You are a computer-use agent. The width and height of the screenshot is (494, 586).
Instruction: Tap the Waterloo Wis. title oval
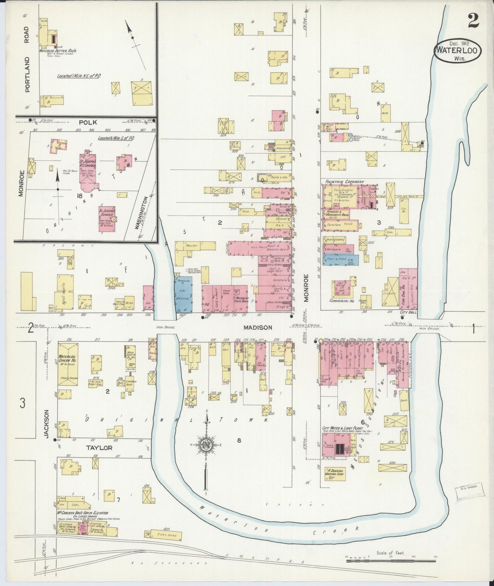click(458, 51)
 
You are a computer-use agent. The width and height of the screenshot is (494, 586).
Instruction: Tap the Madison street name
click(257, 327)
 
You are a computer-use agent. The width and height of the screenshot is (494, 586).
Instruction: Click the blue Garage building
click(183, 294)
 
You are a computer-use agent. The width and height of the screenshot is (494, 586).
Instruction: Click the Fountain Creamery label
click(339, 182)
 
